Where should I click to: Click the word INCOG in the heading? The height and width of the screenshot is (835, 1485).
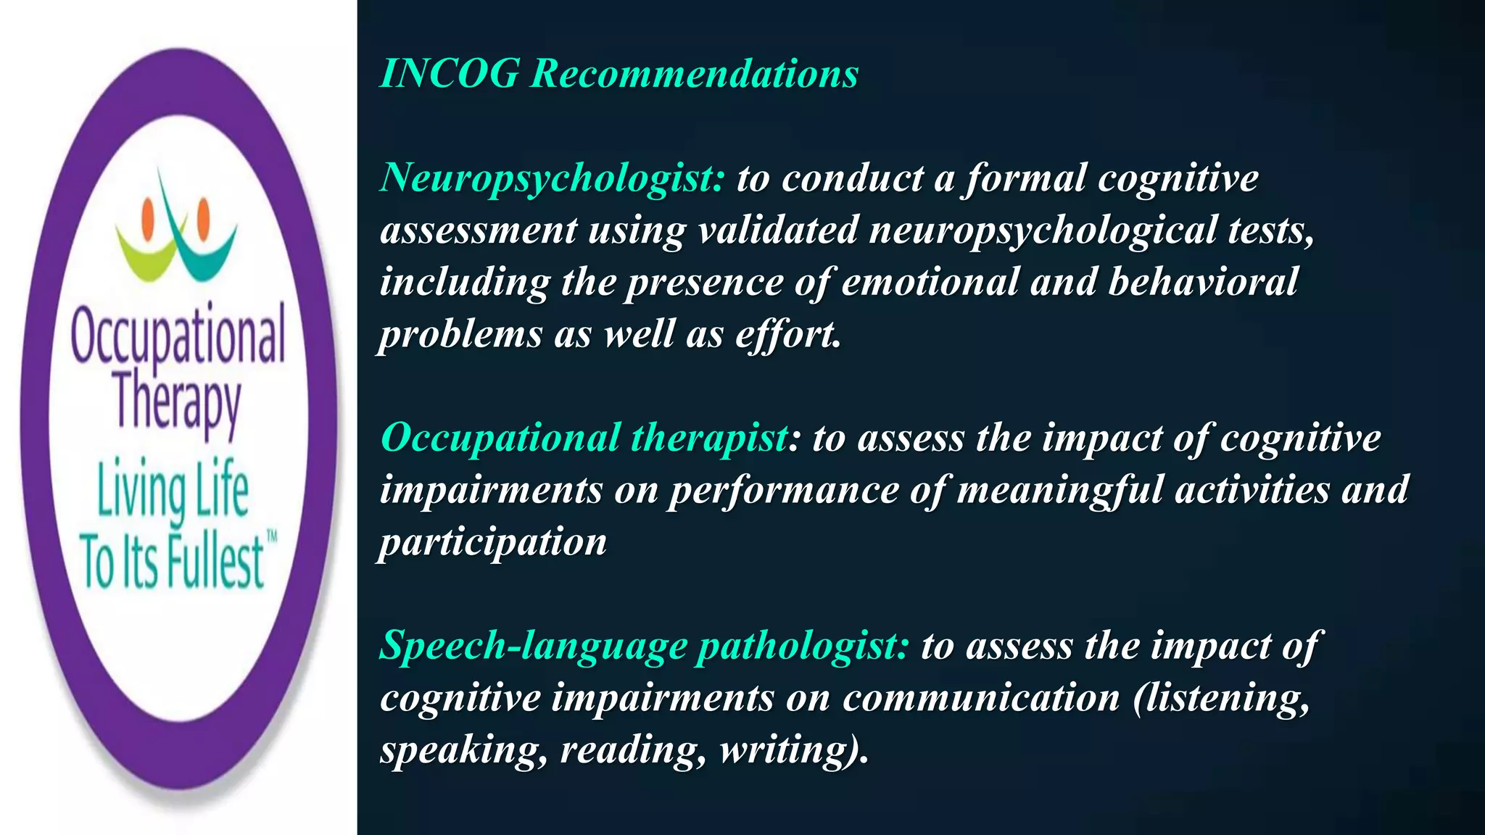click(450, 74)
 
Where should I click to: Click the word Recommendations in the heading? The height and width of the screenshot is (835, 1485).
click(694, 74)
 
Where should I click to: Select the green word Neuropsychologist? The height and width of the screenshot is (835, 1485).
click(552, 178)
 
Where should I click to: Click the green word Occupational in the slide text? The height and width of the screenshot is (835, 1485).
click(500, 439)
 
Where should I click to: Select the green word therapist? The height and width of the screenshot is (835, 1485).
click(709, 439)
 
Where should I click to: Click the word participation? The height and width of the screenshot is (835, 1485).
click(493, 543)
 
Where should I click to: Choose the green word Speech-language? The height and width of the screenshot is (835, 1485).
click(533, 646)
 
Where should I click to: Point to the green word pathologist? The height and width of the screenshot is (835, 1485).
click(802, 646)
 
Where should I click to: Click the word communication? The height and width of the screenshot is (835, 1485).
click(980, 698)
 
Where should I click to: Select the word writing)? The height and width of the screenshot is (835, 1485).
click(793, 750)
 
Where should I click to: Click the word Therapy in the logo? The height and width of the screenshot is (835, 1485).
click(178, 402)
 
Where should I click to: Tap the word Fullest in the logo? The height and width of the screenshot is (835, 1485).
click(215, 562)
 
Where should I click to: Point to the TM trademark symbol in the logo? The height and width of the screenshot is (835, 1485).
click(272, 537)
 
